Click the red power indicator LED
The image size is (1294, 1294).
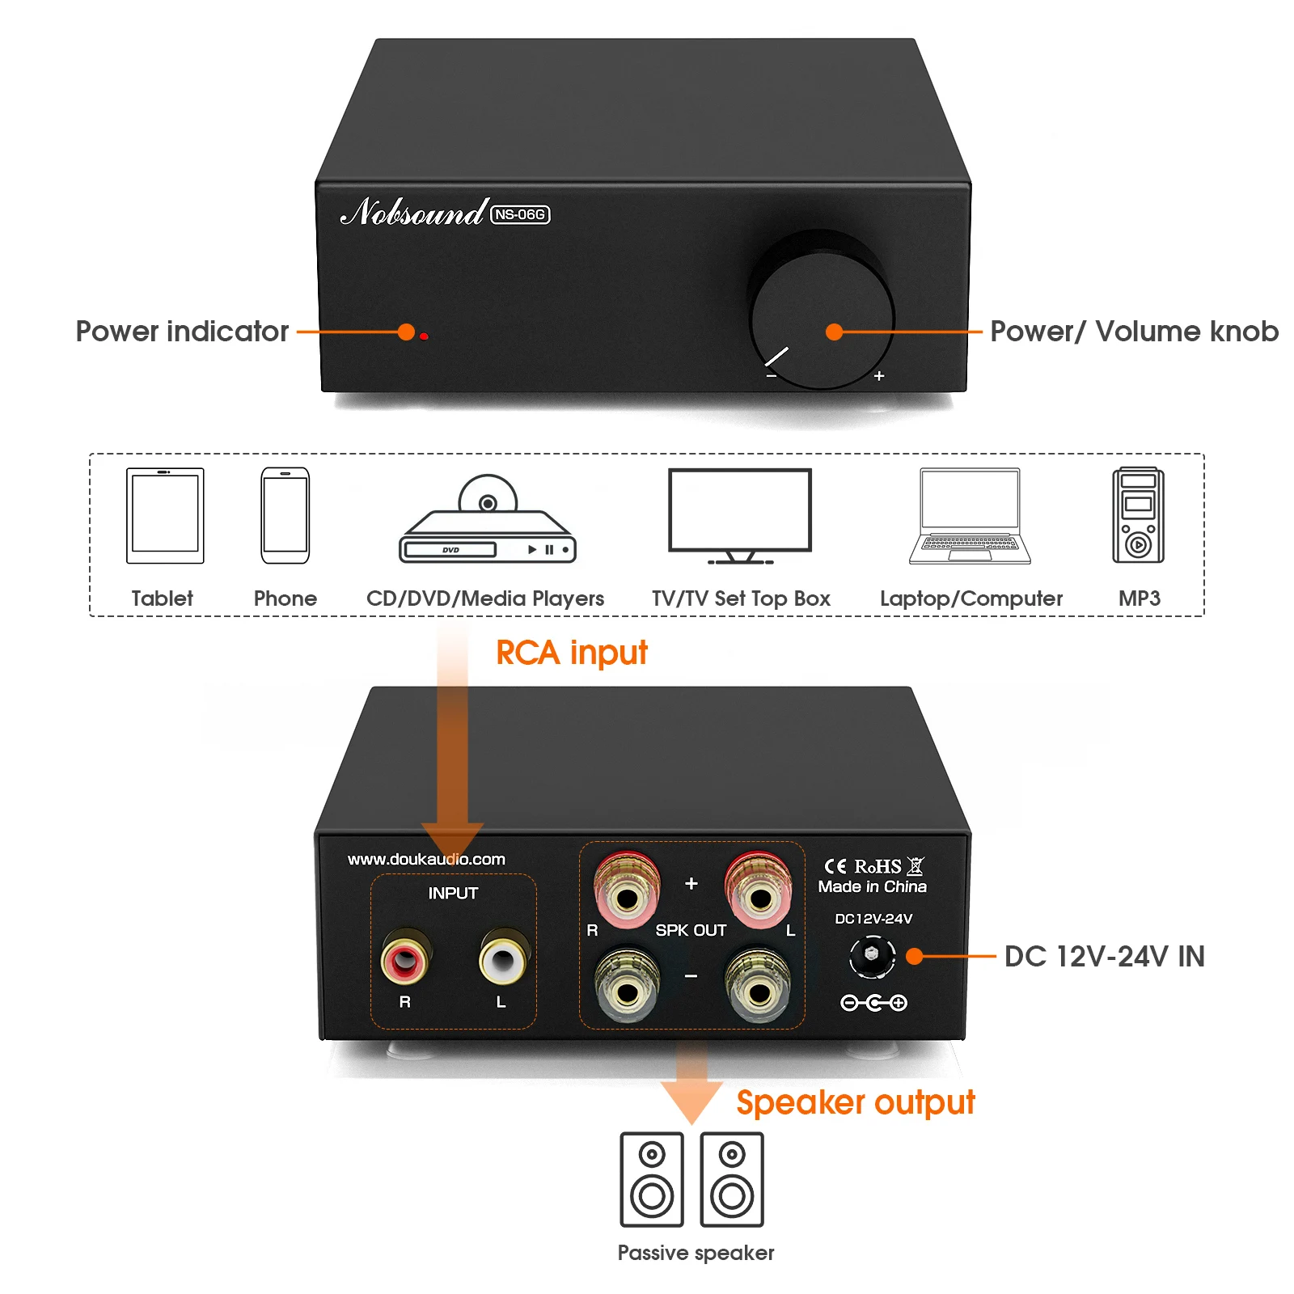(424, 336)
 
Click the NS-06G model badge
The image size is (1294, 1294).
(520, 214)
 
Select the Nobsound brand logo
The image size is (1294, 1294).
(413, 212)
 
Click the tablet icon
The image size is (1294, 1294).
(165, 515)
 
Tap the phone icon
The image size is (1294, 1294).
(285, 515)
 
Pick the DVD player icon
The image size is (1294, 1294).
(488, 522)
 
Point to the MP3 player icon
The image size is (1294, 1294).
(1138, 515)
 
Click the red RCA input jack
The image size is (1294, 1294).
(404, 959)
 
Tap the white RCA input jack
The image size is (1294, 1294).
(503, 959)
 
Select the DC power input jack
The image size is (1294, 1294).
(872, 955)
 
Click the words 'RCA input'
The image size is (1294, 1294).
(571, 653)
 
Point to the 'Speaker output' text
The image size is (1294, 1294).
(855, 1102)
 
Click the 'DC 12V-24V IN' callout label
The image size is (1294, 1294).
(1104, 956)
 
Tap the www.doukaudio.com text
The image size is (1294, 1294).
(426, 859)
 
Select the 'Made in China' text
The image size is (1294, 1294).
(872, 886)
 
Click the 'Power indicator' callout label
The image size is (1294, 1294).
(182, 332)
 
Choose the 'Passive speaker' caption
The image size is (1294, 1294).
(696, 1253)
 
